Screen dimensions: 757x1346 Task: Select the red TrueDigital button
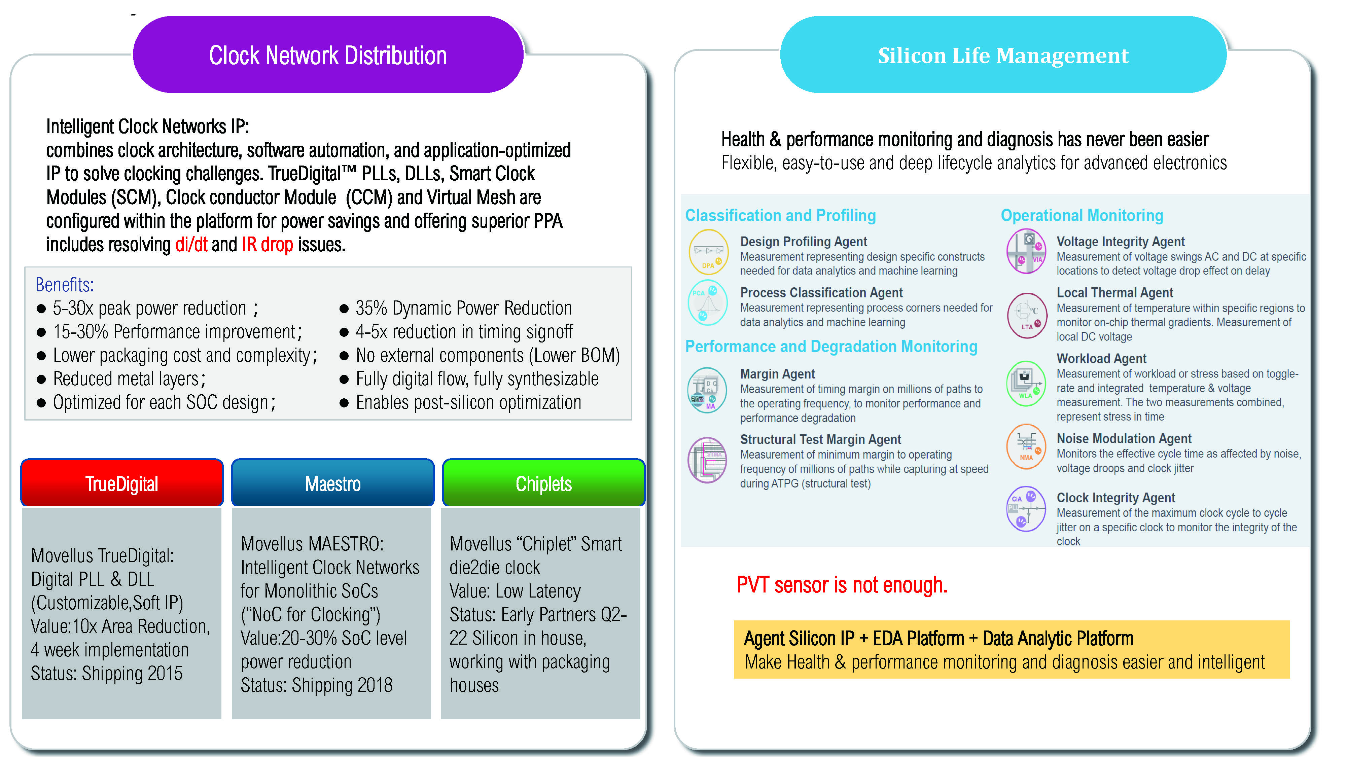click(122, 483)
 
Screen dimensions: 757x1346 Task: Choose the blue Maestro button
click(333, 483)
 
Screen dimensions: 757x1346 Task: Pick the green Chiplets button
click(543, 483)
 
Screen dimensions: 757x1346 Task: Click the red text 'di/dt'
click(191, 245)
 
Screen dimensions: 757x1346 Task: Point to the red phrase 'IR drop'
click(267, 245)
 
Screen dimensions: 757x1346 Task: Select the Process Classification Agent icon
click(707, 303)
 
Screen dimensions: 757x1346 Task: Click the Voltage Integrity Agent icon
click(1026, 251)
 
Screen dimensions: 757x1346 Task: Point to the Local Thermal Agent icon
click(1027, 315)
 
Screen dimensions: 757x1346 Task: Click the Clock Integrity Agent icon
click(1026, 509)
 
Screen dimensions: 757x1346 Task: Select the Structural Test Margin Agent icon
click(707, 460)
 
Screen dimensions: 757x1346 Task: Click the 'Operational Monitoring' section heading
click(1082, 215)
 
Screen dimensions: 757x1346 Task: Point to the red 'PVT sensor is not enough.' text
click(842, 585)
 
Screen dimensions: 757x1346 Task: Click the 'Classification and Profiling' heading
click(780, 215)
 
